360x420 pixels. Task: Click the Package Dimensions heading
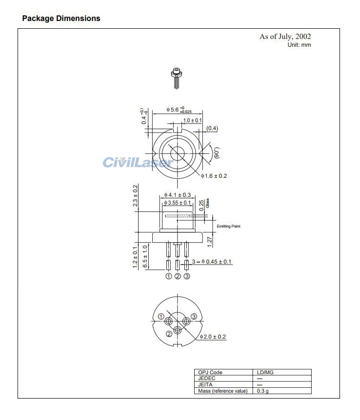[61, 19]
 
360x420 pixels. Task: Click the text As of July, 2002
[285, 37]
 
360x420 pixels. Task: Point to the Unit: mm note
[299, 45]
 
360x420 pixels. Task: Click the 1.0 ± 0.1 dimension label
[193, 120]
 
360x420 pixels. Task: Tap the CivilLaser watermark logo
[138, 162]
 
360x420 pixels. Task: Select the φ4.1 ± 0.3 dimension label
[178, 195]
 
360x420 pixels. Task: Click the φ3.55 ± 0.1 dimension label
[178, 203]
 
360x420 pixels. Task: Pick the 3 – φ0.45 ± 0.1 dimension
[212, 262]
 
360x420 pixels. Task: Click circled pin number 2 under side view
[178, 276]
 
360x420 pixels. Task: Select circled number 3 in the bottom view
[194, 317]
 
